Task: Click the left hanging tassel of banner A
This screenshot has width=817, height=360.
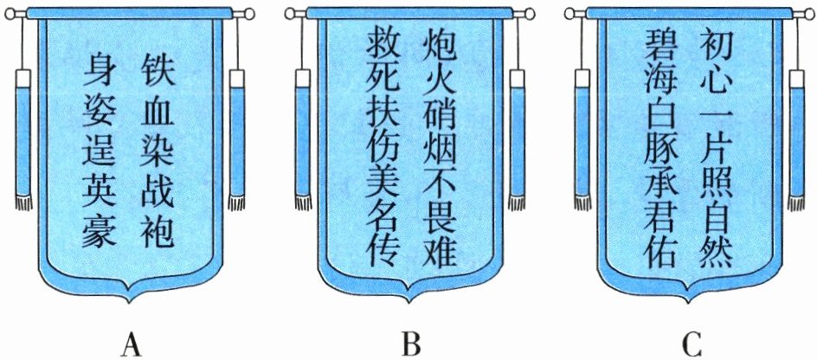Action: coord(23,138)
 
